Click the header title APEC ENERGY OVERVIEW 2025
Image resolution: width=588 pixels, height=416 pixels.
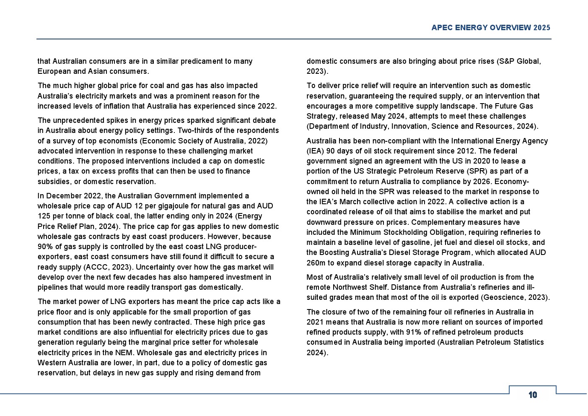click(491, 28)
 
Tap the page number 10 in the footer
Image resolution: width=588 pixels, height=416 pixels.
click(533, 395)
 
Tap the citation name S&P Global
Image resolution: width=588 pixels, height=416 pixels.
click(519, 61)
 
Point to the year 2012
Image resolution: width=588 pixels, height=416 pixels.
click(465, 151)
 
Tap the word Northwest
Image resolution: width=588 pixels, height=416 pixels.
click(352, 287)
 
